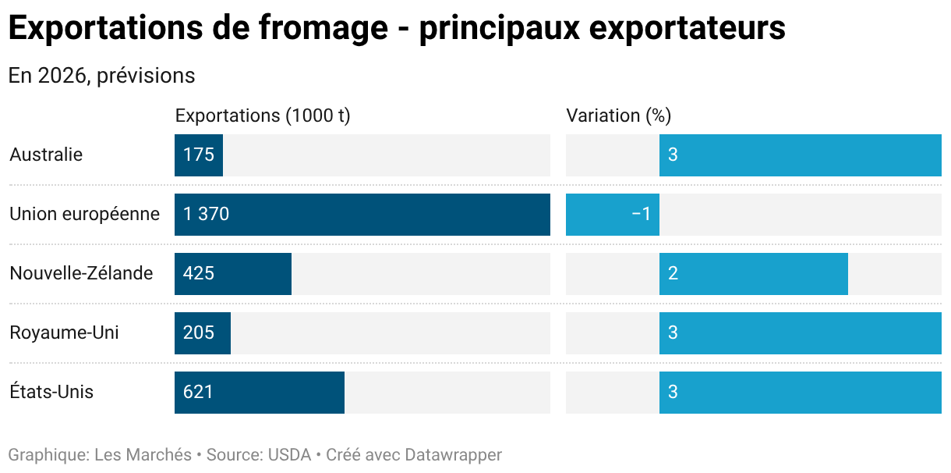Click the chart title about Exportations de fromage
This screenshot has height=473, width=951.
(x=396, y=29)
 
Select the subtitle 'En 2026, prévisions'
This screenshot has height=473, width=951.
(x=101, y=76)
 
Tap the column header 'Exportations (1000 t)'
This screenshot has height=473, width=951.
(x=263, y=116)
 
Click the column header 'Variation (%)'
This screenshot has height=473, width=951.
(x=618, y=116)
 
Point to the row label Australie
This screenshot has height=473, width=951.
(x=46, y=155)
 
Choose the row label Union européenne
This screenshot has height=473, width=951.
(x=84, y=214)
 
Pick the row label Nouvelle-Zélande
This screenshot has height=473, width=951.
(x=81, y=273)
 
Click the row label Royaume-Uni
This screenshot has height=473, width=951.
(x=64, y=333)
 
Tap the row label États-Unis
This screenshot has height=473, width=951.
(x=51, y=392)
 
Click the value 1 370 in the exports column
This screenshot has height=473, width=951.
(x=207, y=214)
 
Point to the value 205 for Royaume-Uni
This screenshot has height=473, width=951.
(x=199, y=333)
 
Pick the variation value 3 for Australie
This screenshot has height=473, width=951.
(x=673, y=155)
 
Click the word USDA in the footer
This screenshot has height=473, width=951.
(x=288, y=454)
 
